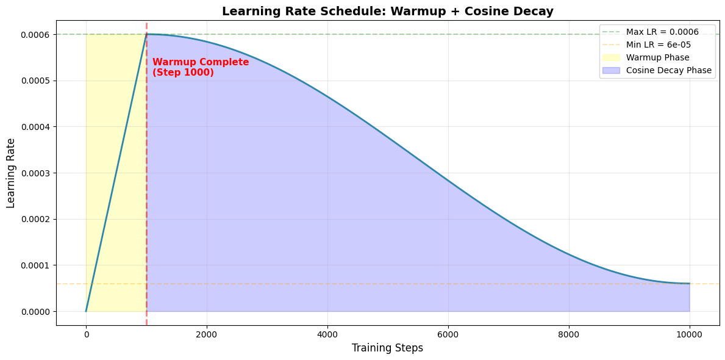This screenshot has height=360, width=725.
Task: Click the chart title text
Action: (388, 11)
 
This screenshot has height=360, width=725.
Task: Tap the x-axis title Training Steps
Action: (388, 348)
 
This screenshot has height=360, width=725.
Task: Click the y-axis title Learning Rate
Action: (11, 173)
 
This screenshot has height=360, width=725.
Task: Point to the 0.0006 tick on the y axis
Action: (35, 35)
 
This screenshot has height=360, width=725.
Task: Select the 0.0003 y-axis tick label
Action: (35, 173)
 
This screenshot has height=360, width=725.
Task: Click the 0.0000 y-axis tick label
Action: (35, 312)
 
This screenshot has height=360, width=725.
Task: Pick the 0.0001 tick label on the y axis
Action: (35, 265)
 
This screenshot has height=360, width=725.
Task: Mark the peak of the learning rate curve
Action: (147, 34)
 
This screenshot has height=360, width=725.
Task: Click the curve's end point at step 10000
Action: (690, 284)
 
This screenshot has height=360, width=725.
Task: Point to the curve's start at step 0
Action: (86, 311)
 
